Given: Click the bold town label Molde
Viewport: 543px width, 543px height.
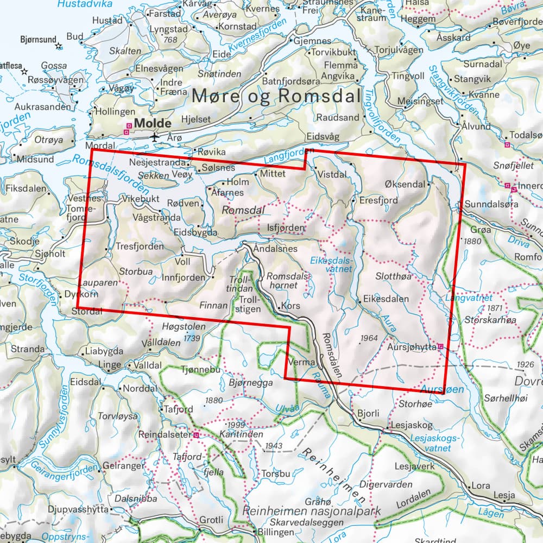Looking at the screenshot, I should [x=152, y=124].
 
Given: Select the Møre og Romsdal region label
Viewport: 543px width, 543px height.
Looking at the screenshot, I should [x=276, y=97].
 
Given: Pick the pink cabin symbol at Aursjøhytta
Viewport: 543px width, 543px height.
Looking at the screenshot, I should [x=441, y=346].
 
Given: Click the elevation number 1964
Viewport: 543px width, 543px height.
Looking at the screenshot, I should [x=368, y=338].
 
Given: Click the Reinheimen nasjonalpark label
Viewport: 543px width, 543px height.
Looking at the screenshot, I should [x=312, y=512].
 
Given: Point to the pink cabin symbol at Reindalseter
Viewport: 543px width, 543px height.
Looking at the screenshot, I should [x=197, y=435].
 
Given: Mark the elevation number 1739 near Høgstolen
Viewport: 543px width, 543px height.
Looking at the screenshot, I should [x=192, y=338].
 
